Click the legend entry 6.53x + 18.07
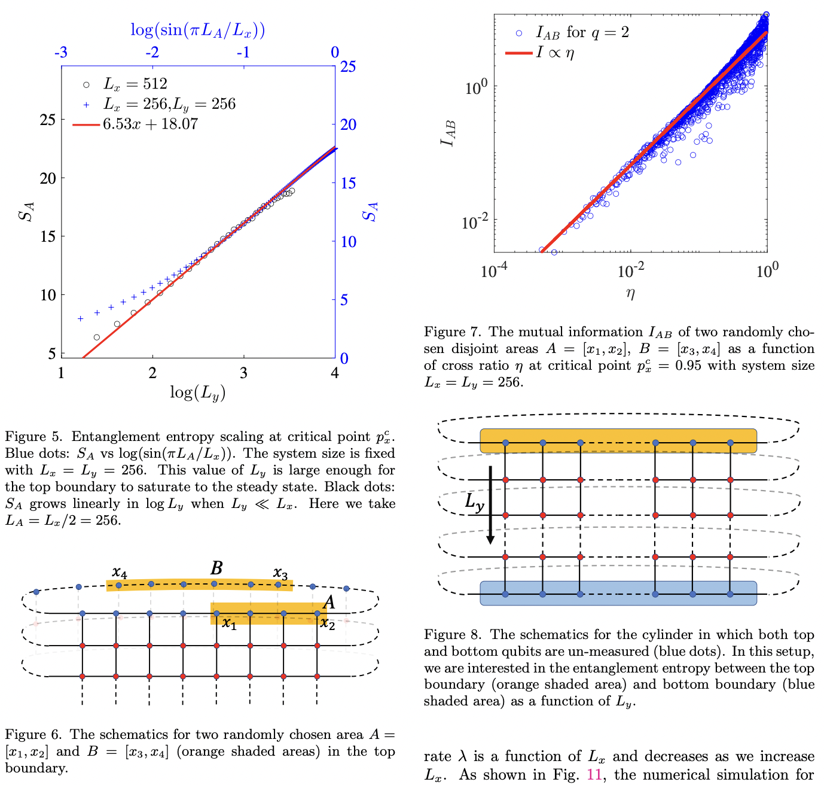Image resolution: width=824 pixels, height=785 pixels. tap(150, 124)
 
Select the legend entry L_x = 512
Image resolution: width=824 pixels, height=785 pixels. tap(136, 84)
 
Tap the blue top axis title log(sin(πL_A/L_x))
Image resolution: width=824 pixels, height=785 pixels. tap(197, 31)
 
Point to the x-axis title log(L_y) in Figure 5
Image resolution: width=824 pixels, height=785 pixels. tap(197, 393)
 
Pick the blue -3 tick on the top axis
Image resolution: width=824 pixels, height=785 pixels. tap(61, 53)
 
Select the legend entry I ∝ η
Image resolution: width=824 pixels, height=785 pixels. tap(555, 53)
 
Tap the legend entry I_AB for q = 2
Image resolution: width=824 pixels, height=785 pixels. tap(582, 33)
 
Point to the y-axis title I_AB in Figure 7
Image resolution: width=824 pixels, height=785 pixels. tap(448, 133)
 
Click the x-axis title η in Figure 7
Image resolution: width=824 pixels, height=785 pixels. tap(630, 293)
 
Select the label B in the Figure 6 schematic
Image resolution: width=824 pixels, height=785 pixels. tap(216, 568)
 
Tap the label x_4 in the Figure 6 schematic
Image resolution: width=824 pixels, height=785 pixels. tap(120, 573)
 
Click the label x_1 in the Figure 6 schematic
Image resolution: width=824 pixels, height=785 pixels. tap(229, 624)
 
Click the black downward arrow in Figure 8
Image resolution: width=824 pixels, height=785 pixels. tap(490, 506)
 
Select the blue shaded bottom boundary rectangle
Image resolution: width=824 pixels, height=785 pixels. tap(618, 593)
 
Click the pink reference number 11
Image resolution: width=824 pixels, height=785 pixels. tap(594, 774)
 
